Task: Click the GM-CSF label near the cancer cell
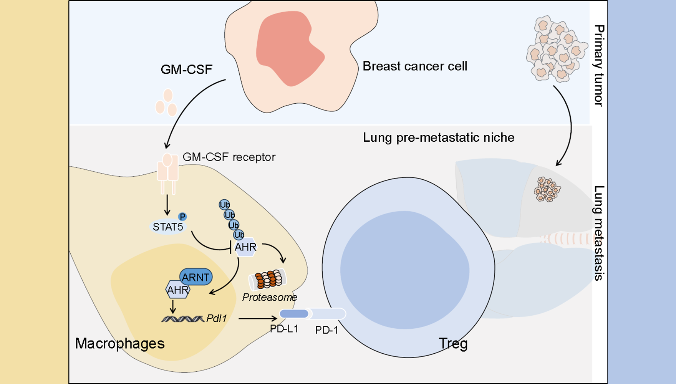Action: pos(186,70)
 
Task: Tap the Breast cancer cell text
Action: pos(415,66)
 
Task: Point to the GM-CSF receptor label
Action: pos(229,157)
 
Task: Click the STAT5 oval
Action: pos(167,227)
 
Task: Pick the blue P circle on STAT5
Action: pos(182,217)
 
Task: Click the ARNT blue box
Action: pos(196,277)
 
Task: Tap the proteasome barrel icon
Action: pos(268,279)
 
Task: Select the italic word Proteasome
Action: pos(270,297)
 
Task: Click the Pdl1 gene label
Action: pos(217,318)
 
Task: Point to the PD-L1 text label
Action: pos(284,329)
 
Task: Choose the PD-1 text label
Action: pos(326,330)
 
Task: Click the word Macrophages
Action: pos(120,343)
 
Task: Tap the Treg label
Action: pos(453,343)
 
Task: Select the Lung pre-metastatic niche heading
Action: pos(439,137)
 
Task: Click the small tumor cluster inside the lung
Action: pos(547,189)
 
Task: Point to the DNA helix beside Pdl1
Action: pos(183,319)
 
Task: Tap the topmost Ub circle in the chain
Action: pos(224,204)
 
